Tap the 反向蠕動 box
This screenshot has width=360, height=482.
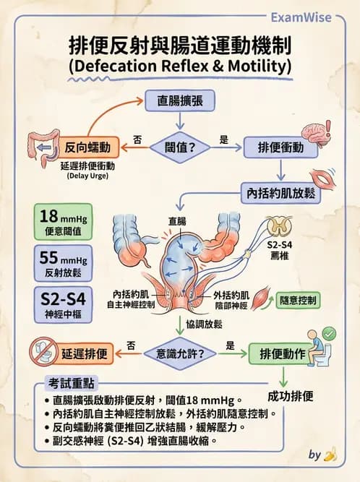click(x=87, y=147)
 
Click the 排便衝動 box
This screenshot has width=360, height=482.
click(x=280, y=147)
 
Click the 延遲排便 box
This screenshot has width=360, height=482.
click(x=85, y=354)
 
